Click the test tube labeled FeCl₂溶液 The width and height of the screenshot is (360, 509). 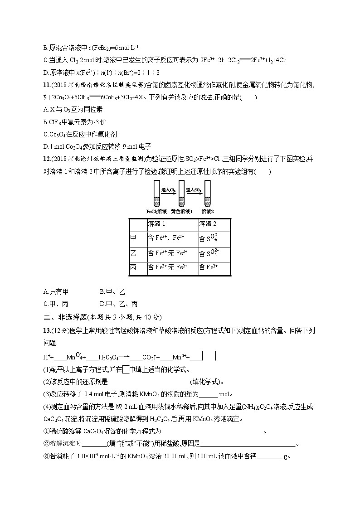click(157, 194)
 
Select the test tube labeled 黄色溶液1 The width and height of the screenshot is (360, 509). click(182, 194)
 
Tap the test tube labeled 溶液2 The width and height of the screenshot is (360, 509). click(208, 194)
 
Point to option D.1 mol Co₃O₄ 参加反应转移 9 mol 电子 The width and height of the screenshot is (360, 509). click(97, 146)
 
